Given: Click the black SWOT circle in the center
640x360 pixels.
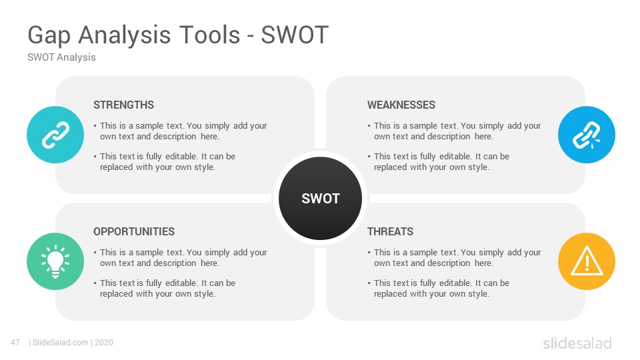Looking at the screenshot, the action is tap(321, 199).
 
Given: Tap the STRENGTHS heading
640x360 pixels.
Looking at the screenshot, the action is tap(124, 105).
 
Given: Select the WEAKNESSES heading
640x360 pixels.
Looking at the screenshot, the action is tap(401, 105).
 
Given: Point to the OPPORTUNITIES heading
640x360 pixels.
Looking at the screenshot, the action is tap(134, 231).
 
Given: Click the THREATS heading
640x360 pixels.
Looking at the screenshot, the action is tap(390, 231).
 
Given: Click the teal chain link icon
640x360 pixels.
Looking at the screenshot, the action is tap(55, 135).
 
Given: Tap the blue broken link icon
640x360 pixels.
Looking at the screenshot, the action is tap(587, 135).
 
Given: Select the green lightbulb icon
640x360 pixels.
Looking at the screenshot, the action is tap(55, 261).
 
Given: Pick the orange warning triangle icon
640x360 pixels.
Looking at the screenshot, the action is tap(587, 261).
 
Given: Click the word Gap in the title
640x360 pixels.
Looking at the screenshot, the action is tap(49, 35).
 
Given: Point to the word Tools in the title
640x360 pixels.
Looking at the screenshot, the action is tap(210, 35).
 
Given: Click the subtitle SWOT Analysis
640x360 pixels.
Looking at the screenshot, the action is tap(61, 57).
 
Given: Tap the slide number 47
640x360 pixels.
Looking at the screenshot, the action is tap(15, 343).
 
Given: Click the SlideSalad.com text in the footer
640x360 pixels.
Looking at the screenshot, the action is tap(61, 343).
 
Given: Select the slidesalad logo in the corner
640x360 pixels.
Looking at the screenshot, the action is tap(577, 343).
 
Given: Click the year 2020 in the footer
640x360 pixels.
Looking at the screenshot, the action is tap(104, 343).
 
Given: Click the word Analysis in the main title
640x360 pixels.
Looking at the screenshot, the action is tap(125, 35).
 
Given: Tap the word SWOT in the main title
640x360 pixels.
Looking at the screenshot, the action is tap(295, 35).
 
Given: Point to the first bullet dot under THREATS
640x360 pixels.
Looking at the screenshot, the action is tap(369, 253).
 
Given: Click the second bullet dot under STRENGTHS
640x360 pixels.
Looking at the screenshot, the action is tap(95, 157).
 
